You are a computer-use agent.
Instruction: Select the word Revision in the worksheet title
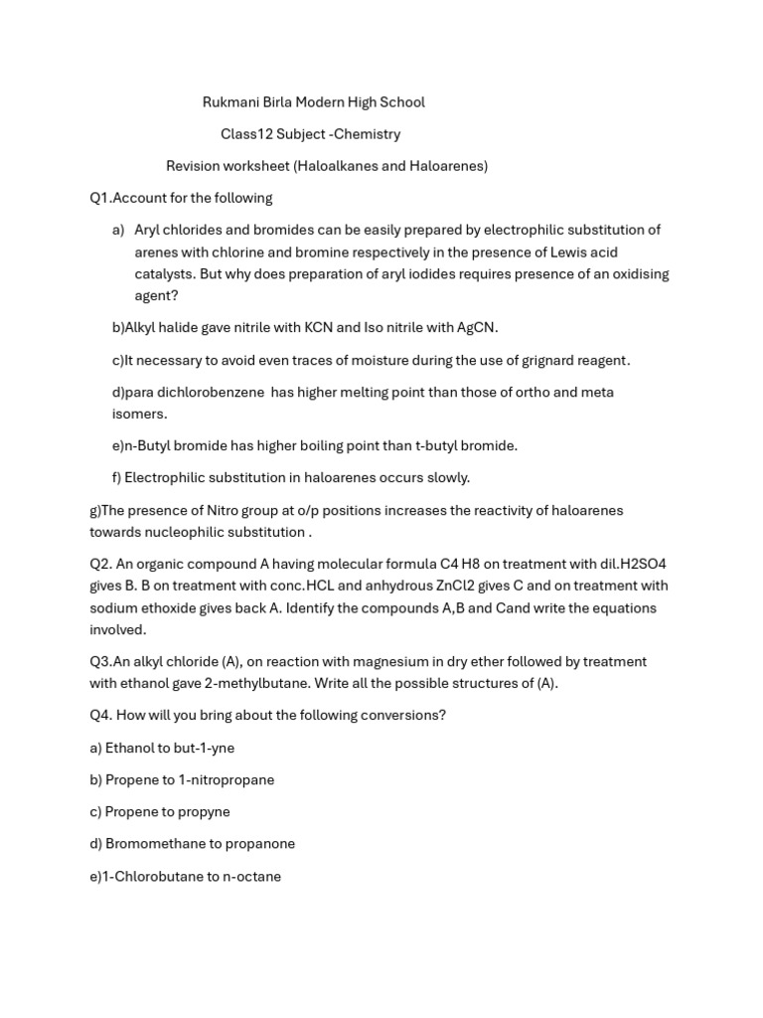click(196, 166)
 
